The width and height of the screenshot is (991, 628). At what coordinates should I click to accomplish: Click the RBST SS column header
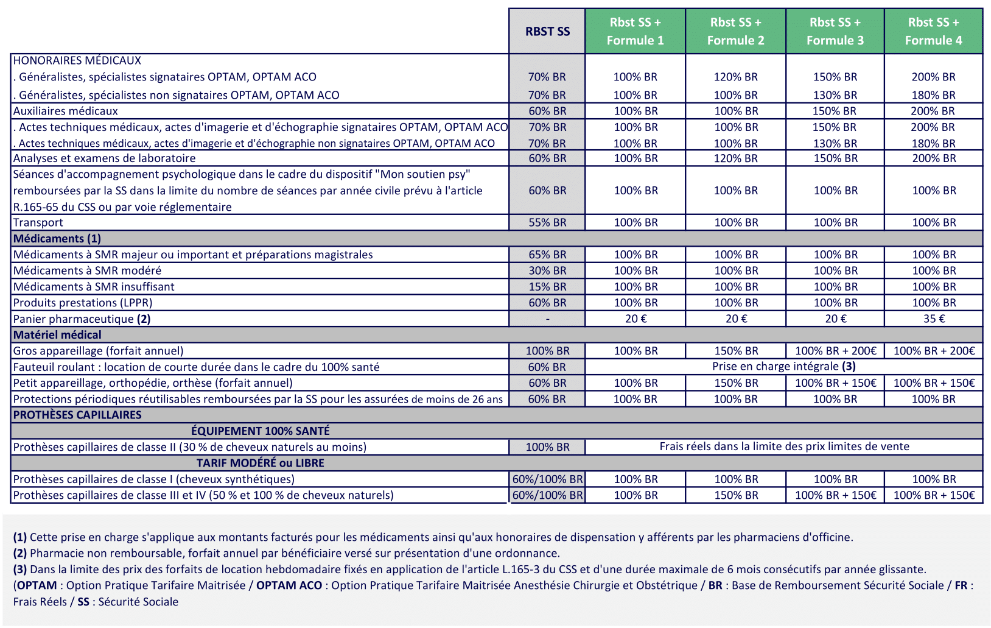click(547, 31)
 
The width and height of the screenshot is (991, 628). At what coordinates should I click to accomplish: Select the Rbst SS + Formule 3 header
click(835, 31)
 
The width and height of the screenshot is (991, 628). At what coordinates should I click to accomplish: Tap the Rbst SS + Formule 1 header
click(635, 31)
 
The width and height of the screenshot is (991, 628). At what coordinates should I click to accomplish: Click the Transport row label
click(38, 222)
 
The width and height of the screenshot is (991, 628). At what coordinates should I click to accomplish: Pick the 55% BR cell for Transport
click(547, 222)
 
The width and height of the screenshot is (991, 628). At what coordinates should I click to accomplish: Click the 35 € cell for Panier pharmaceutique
click(933, 319)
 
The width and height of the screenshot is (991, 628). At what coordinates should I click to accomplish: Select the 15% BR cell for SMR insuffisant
click(547, 286)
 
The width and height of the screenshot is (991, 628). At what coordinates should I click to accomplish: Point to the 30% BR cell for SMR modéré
click(547, 270)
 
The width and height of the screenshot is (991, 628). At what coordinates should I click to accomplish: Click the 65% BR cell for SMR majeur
click(547, 255)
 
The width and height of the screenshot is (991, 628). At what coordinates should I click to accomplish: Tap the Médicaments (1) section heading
click(57, 238)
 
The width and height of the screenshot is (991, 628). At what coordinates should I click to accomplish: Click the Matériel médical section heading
click(57, 334)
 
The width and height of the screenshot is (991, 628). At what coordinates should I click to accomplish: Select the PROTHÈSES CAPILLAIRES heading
click(77, 415)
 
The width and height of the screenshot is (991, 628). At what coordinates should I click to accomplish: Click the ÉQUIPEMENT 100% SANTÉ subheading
click(261, 431)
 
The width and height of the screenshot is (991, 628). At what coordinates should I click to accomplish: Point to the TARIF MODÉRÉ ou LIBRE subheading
click(261, 463)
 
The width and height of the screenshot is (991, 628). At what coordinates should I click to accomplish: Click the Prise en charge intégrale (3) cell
click(783, 366)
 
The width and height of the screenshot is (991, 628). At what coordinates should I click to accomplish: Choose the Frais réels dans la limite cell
click(784, 446)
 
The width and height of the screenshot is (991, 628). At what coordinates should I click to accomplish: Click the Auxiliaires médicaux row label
click(66, 111)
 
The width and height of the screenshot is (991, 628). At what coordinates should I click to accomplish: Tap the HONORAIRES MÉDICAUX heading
click(77, 60)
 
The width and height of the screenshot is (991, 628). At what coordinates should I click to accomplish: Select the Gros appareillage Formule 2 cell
click(736, 351)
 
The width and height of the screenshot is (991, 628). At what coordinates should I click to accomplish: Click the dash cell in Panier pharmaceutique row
click(547, 319)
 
